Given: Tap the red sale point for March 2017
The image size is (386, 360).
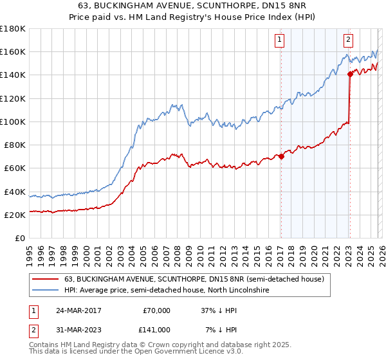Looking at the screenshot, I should tap(281, 156).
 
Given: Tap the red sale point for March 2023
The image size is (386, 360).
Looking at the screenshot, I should tap(349, 74).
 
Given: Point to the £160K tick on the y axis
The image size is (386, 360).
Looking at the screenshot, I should tap(13, 51).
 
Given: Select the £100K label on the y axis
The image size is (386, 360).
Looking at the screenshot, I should tap(13, 122).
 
